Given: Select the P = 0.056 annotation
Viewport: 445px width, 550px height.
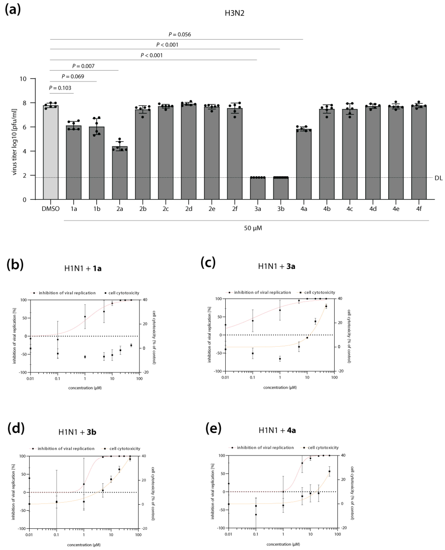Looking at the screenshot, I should coord(180,34).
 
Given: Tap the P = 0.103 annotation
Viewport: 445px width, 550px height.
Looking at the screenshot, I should coord(60,88).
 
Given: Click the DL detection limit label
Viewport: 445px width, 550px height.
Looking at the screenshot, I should coord(438,178).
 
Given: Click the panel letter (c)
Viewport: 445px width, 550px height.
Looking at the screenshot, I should coord(208,263).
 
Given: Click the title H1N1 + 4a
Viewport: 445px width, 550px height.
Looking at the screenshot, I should coord(277,430).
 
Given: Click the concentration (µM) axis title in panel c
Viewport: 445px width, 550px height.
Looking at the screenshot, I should coord(280,387).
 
